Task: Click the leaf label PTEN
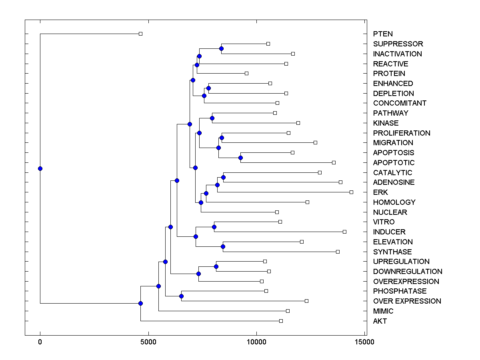pyautogui.click(x=383, y=34)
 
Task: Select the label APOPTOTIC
pyautogui.click(x=394, y=163)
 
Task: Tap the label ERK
pyautogui.click(x=380, y=192)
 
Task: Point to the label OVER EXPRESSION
pyautogui.click(x=407, y=301)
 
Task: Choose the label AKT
pyautogui.click(x=380, y=321)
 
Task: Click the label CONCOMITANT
pyautogui.click(x=400, y=103)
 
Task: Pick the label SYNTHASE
pyautogui.click(x=392, y=252)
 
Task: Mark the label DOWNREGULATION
pyautogui.click(x=408, y=272)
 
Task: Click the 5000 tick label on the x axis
pyautogui.click(x=148, y=342)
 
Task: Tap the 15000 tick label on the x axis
pyautogui.click(x=365, y=342)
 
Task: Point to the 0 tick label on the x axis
pyautogui.click(x=40, y=342)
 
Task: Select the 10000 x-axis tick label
pyautogui.click(x=256, y=342)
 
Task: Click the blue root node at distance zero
pyautogui.click(x=40, y=168)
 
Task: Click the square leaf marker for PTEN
pyautogui.click(x=140, y=34)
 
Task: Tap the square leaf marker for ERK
pyautogui.click(x=351, y=192)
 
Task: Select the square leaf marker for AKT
pyautogui.click(x=281, y=321)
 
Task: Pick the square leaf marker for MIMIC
pyautogui.click(x=288, y=311)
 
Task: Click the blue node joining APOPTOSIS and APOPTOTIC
pyautogui.click(x=240, y=158)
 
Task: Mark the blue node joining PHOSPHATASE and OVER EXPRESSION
pyautogui.click(x=181, y=296)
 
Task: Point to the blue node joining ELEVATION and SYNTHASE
pyautogui.click(x=223, y=246)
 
